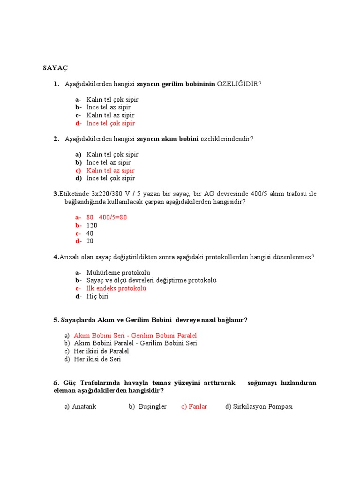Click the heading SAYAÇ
pos(56,68)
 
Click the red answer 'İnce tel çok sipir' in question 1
pos(110,123)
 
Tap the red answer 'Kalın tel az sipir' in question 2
pos(110,171)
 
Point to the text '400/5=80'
pos(113,217)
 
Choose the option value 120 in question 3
pos(92,225)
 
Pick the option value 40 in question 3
pos(90,233)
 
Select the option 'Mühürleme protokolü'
pos(118,273)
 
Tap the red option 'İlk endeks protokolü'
pos(116,288)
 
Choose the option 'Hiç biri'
pos(97,296)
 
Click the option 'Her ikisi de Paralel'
pos(101,351)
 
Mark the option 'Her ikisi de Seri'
pos(97,359)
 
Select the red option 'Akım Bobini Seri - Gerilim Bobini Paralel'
pos(135,336)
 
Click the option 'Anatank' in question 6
pos(84,406)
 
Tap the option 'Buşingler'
pos(152,406)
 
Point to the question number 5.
pos(56,320)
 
